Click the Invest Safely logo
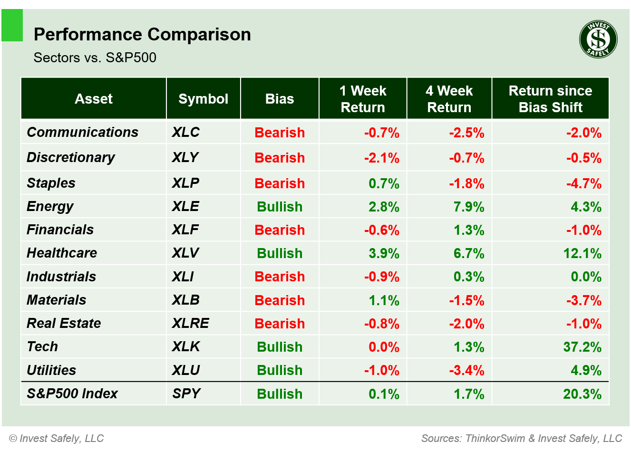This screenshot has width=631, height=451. click(598, 39)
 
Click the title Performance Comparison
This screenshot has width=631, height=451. click(142, 35)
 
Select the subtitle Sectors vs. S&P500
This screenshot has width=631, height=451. click(95, 58)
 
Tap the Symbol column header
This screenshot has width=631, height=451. click(203, 99)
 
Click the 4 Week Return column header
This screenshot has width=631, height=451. click(449, 99)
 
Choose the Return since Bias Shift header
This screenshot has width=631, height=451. click(550, 99)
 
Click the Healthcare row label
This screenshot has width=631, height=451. click(62, 253)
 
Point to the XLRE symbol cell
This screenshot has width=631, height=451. click(190, 323)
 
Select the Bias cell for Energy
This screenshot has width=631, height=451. click(280, 207)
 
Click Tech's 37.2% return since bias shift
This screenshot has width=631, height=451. click(582, 347)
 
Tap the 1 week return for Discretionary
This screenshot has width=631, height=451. click(381, 158)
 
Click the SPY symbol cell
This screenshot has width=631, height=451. click(186, 393)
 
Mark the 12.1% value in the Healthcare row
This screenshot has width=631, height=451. click(582, 253)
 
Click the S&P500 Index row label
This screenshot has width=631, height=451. click(72, 393)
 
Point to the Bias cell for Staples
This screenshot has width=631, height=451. click(280, 183)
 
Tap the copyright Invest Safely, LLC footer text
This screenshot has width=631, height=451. click(57, 438)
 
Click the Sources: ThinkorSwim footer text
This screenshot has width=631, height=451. click(522, 438)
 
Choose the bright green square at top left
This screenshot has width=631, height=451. click(12, 25)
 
